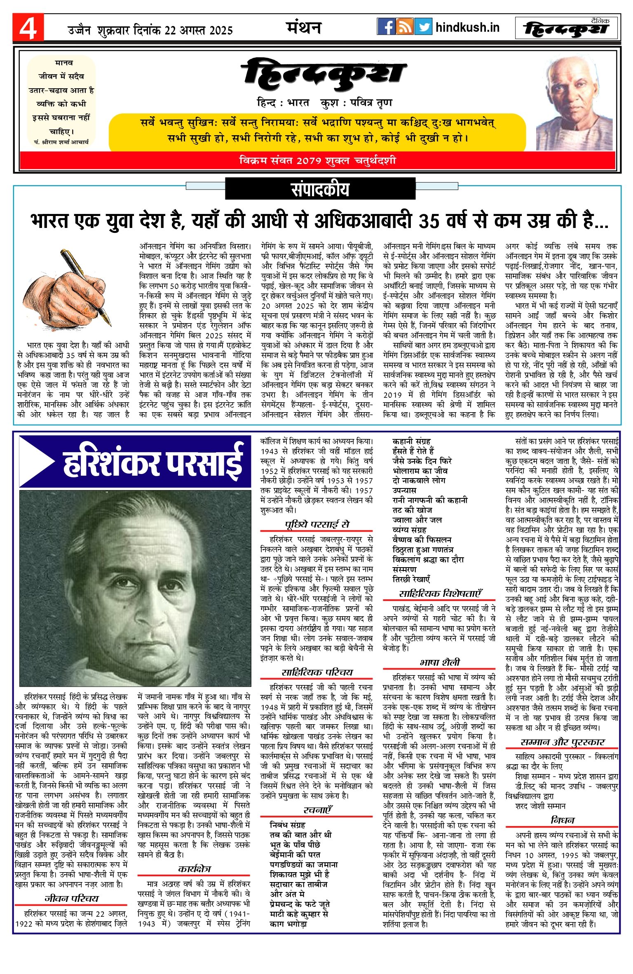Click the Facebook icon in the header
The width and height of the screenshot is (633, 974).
click(386, 27)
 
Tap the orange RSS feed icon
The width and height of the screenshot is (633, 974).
click(405, 27)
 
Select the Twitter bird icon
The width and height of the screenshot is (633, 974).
click(423, 27)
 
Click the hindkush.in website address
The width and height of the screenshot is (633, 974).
click(467, 28)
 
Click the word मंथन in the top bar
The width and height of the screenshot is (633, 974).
click(304, 28)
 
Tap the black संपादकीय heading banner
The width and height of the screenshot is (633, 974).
click(320, 190)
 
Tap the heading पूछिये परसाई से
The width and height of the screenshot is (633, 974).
click(317, 524)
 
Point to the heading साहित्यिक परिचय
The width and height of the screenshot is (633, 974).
click(317, 672)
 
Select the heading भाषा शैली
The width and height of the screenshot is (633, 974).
click(440, 662)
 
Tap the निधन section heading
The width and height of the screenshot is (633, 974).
click(563, 820)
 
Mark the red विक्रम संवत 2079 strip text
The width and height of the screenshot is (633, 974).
click(317, 161)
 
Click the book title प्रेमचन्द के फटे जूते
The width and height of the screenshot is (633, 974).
click(300, 904)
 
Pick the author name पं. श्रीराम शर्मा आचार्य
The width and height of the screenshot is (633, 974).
click(61, 142)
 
